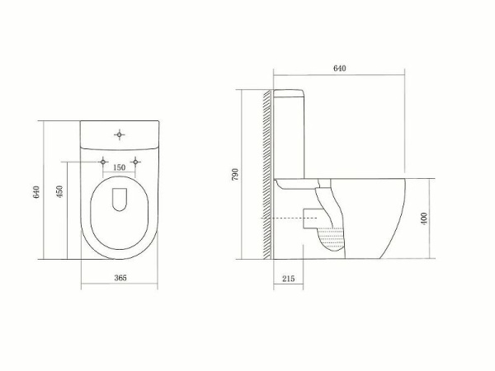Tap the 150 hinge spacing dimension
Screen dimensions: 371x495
119,167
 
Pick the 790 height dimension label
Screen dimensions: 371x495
236,174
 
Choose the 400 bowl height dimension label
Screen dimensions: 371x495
424,219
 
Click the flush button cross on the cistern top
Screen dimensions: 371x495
120,133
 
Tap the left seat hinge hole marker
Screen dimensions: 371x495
103,161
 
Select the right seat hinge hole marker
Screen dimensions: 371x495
134,161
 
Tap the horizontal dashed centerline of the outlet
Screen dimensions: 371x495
289,217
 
